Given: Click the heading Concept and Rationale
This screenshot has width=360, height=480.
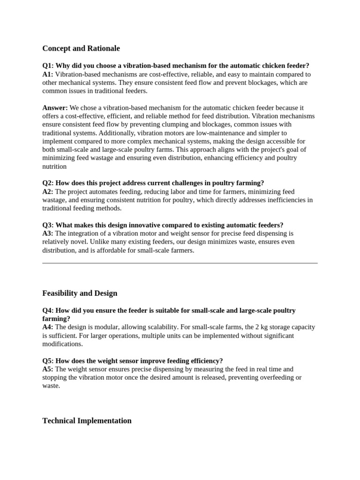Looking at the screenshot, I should point(81,48).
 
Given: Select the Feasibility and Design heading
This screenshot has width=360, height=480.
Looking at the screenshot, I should point(80,293).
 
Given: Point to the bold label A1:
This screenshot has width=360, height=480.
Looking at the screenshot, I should point(48,74).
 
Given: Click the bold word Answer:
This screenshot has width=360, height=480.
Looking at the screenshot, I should point(55,108).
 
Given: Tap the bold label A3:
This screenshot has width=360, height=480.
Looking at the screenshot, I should point(48,233).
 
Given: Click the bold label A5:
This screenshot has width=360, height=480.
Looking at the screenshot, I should point(48,369).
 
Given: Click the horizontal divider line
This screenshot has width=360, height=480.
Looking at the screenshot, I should point(180,263).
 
